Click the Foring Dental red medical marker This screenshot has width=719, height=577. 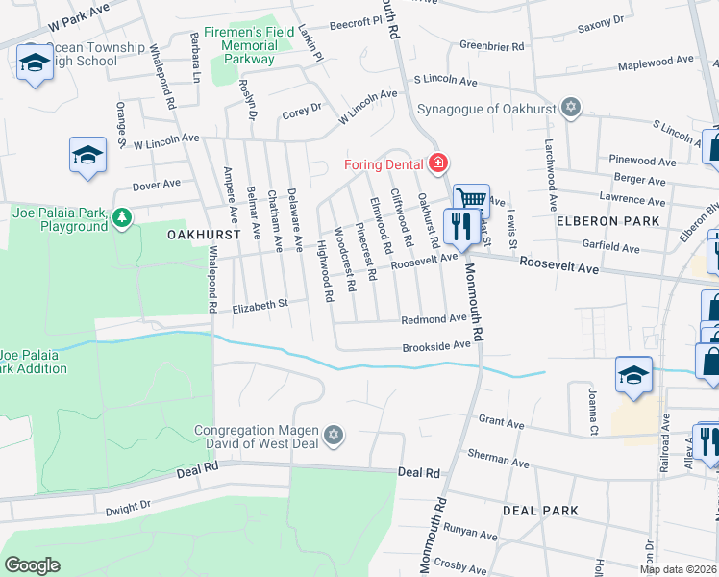[x=438, y=163]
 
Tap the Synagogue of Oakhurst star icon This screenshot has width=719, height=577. [x=571, y=107]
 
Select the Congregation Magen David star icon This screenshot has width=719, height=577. [x=334, y=437]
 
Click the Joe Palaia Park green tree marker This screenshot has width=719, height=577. [x=121, y=218]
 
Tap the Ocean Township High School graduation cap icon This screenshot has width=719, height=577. [x=35, y=63]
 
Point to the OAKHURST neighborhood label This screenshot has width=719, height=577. [x=202, y=235]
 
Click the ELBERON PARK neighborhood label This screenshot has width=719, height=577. [x=607, y=220]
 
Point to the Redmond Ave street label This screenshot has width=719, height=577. [x=434, y=318]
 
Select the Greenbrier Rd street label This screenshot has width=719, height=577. [x=491, y=45]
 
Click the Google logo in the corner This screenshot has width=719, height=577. [x=32, y=565]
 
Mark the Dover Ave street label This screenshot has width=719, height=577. [x=156, y=184]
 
